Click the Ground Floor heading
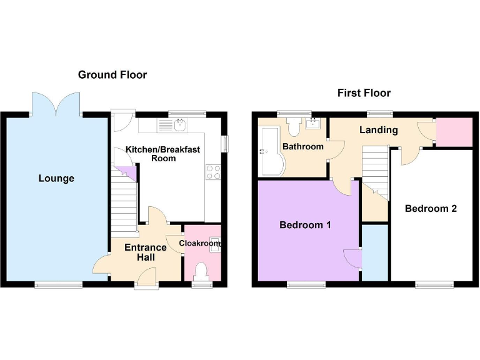[x=112, y=75]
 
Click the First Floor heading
[x=364, y=93]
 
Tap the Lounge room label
[x=56, y=179]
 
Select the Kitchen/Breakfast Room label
[x=163, y=154]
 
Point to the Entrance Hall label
[x=146, y=252]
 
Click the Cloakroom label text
[x=199, y=243]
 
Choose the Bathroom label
[x=303, y=147]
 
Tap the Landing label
[x=379, y=130]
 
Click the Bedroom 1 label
[x=305, y=225]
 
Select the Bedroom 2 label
[x=431, y=209]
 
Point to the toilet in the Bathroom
[x=294, y=127]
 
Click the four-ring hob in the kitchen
[x=212, y=171]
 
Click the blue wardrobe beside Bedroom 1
[x=374, y=253]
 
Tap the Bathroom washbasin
[x=313, y=122]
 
